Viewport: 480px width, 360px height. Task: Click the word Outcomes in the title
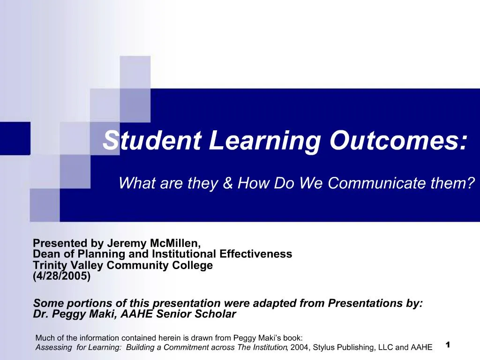click(x=398, y=140)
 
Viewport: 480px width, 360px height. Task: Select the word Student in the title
click(x=152, y=140)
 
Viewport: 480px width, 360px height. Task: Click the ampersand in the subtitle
click(x=228, y=183)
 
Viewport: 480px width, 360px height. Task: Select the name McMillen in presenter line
click(x=175, y=243)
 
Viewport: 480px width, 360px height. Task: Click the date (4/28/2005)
click(x=61, y=276)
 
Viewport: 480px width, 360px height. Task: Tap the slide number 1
click(x=448, y=345)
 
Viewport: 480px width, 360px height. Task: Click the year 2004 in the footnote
click(x=300, y=347)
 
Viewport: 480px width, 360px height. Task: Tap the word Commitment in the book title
click(x=181, y=347)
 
